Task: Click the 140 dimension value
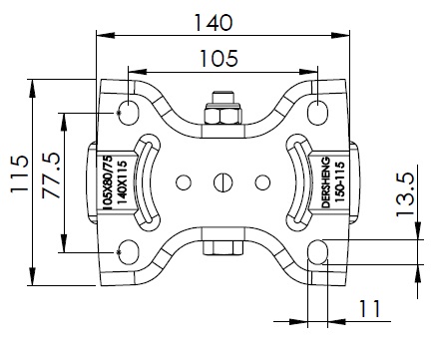point(214,23)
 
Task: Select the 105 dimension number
point(218,59)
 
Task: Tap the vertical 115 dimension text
point(19,174)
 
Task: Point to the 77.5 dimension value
point(52,176)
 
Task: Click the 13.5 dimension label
point(405,194)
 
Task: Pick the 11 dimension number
point(369,308)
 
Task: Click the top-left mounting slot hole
point(129,113)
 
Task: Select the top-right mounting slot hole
point(317,113)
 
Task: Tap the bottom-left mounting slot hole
point(129,252)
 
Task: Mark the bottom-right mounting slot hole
point(318,252)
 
